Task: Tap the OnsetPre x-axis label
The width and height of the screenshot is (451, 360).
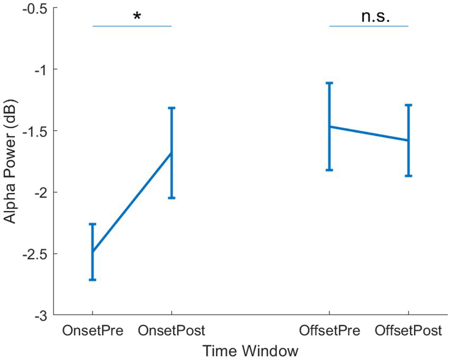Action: (x=93, y=331)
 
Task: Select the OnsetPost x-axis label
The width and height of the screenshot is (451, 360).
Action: (x=172, y=331)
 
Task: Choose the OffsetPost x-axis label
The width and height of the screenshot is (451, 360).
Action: (x=408, y=331)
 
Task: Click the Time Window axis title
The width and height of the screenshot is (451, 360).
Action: (x=250, y=350)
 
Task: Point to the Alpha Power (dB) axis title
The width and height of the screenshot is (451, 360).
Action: (x=12, y=161)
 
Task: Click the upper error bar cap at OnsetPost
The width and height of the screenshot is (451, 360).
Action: (x=172, y=108)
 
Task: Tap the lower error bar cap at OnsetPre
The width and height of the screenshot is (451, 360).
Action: (x=93, y=280)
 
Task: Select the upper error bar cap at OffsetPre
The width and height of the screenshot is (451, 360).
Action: (x=329, y=83)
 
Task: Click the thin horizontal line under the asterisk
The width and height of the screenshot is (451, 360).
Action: (x=132, y=26)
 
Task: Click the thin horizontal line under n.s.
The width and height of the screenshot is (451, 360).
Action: (x=369, y=26)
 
